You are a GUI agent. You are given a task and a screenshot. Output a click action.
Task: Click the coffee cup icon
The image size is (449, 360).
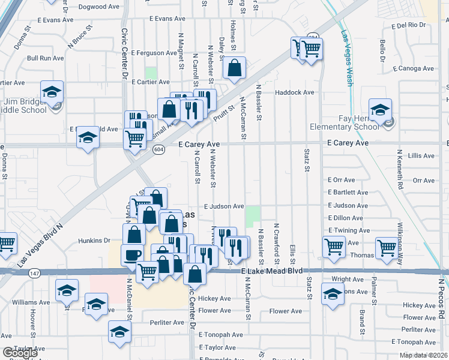[133, 255]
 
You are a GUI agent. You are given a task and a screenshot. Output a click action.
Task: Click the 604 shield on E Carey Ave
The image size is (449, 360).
[158, 149]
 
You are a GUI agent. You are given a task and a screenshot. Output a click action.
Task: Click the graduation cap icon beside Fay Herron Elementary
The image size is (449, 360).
[380, 110]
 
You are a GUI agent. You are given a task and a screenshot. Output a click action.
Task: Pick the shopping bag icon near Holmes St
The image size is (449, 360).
[234, 68]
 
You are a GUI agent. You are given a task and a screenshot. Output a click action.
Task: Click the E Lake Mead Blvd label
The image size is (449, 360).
[270, 272]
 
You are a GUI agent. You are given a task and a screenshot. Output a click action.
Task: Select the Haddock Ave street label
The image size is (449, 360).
[295, 92]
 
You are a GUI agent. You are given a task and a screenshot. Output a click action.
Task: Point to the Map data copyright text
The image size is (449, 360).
[424, 355]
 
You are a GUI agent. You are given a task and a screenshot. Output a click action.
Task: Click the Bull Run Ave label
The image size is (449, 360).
[46, 58]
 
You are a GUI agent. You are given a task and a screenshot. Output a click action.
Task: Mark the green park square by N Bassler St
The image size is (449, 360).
[253, 216]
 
